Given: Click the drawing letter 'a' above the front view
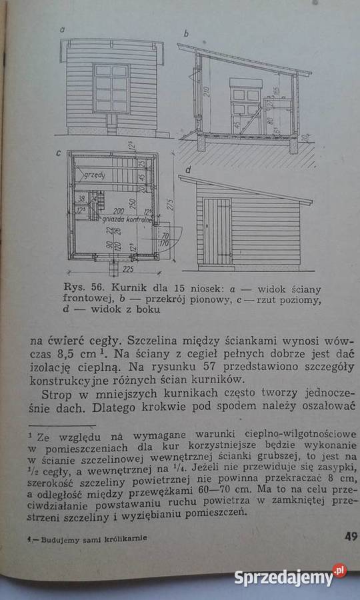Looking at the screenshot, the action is [61, 30].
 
